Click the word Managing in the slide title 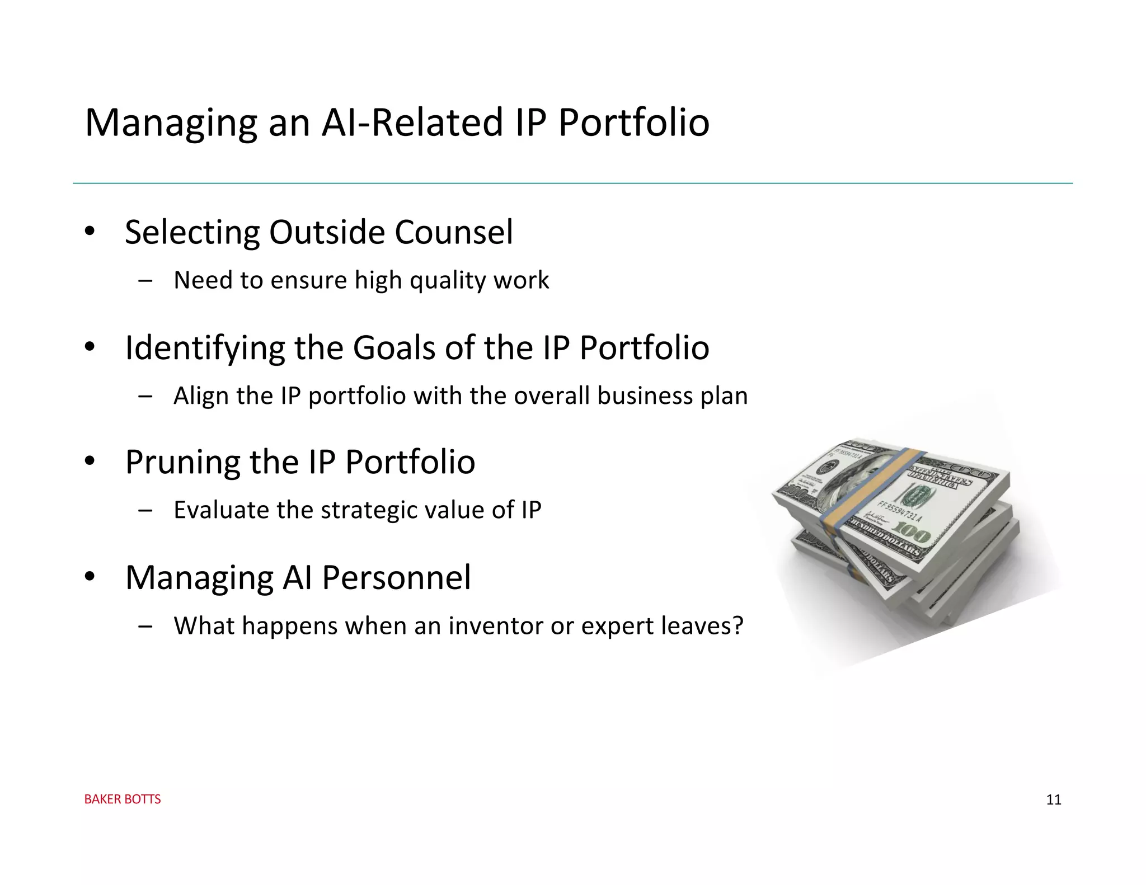coord(171,123)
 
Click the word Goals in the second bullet coord(393,348)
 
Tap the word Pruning coord(182,463)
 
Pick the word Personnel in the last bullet coord(396,578)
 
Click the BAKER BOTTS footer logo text coord(123,799)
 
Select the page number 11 coord(1053,800)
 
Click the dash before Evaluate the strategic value coord(145,510)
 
